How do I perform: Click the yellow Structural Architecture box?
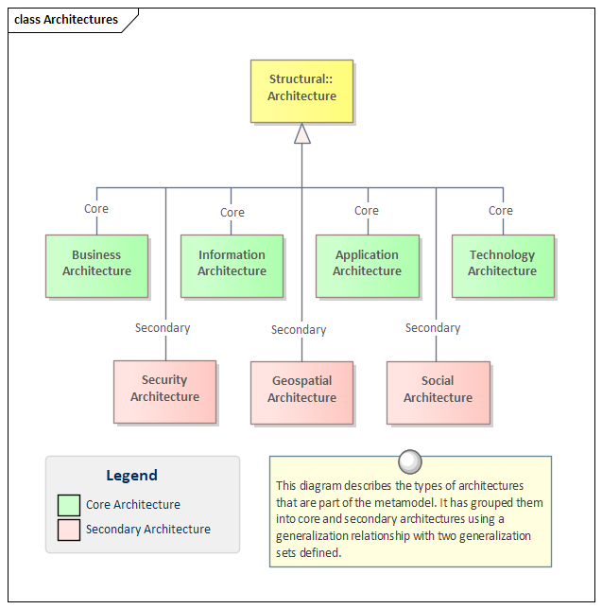(301, 92)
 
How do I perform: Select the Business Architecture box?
(96, 266)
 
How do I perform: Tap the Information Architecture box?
(232, 266)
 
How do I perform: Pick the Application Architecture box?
(368, 266)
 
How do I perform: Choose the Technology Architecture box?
(503, 266)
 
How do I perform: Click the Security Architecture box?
(165, 391)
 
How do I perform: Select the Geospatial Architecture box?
(301, 392)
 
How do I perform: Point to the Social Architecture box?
(439, 392)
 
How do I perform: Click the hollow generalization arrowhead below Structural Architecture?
(302, 133)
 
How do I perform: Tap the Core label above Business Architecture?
(96, 209)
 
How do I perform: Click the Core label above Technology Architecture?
(501, 211)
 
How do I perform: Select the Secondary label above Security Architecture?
(163, 328)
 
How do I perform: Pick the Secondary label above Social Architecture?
(433, 328)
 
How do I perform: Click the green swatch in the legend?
(69, 505)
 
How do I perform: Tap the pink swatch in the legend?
(69, 530)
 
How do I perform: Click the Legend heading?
(132, 476)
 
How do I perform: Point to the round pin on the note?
(410, 461)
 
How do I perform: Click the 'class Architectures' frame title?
(66, 20)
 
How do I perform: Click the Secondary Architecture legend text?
(148, 530)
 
